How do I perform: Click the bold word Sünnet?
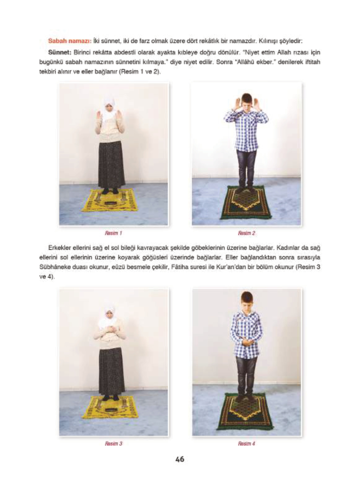click(x=59, y=53)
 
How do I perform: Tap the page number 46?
click(x=180, y=459)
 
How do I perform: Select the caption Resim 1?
click(x=114, y=233)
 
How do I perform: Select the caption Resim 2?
click(x=246, y=233)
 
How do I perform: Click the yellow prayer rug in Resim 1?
click(x=110, y=200)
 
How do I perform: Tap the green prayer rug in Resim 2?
click(x=246, y=202)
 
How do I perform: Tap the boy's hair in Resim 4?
click(x=247, y=296)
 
